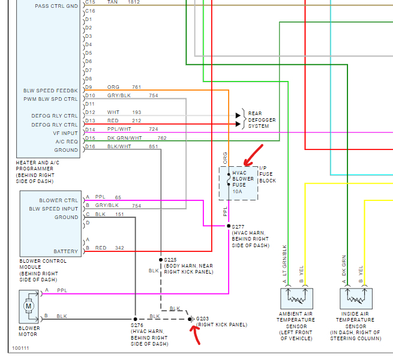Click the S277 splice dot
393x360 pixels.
[x=229, y=226]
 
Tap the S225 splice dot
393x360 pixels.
[x=161, y=260]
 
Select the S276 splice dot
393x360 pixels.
[x=136, y=319]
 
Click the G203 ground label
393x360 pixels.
[x=202, y=319]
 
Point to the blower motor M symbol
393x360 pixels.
[x=29, y=306]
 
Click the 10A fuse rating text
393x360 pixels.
[x=237, y=191]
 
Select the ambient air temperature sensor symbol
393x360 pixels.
[x=296, y=299]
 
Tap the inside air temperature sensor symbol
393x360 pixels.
[x=356, y=299]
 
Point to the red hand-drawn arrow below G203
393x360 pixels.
[x=196, y=335]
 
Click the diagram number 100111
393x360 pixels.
[x=20, y=348]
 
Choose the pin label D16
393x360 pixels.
[x=90, y=146]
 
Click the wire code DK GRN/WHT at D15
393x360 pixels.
[x=125, y=138]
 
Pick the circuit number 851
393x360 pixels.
[x=154, y=146]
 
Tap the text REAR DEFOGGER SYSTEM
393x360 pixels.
[x=262, y=120]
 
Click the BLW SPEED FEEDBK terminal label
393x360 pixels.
[x=50, y=91]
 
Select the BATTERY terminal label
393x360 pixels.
[x=65, y=251]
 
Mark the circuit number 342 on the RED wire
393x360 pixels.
[x=119, y=248]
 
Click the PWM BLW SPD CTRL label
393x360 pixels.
[x=50, y=99]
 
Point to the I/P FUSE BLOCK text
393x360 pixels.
[x=268, y=174]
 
